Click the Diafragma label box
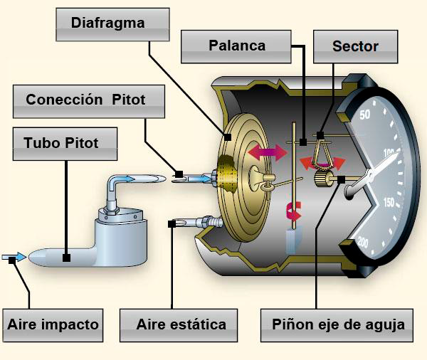click(x=112, y=24)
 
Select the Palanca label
click(x=236, y=46)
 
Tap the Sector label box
click(x=355, y=46)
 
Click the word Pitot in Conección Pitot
click(x=129, y=100)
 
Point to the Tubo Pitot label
click(x=65, y=144)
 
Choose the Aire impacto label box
click(x=53, y=325)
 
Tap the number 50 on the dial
click(x=365, y=115)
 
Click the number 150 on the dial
click(x=389, y=202)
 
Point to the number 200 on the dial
click(x=363, y=242)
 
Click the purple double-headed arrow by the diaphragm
click(x=268, y=152)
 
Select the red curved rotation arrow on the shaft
click(x=293, y=211)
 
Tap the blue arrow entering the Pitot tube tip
click(x=14, y=257)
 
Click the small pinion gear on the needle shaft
click(x=324, y=179)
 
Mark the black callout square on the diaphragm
click(x=228, y=137)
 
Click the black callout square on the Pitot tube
click(x=66, y=258)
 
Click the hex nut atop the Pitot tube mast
click(x=110, y=209)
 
